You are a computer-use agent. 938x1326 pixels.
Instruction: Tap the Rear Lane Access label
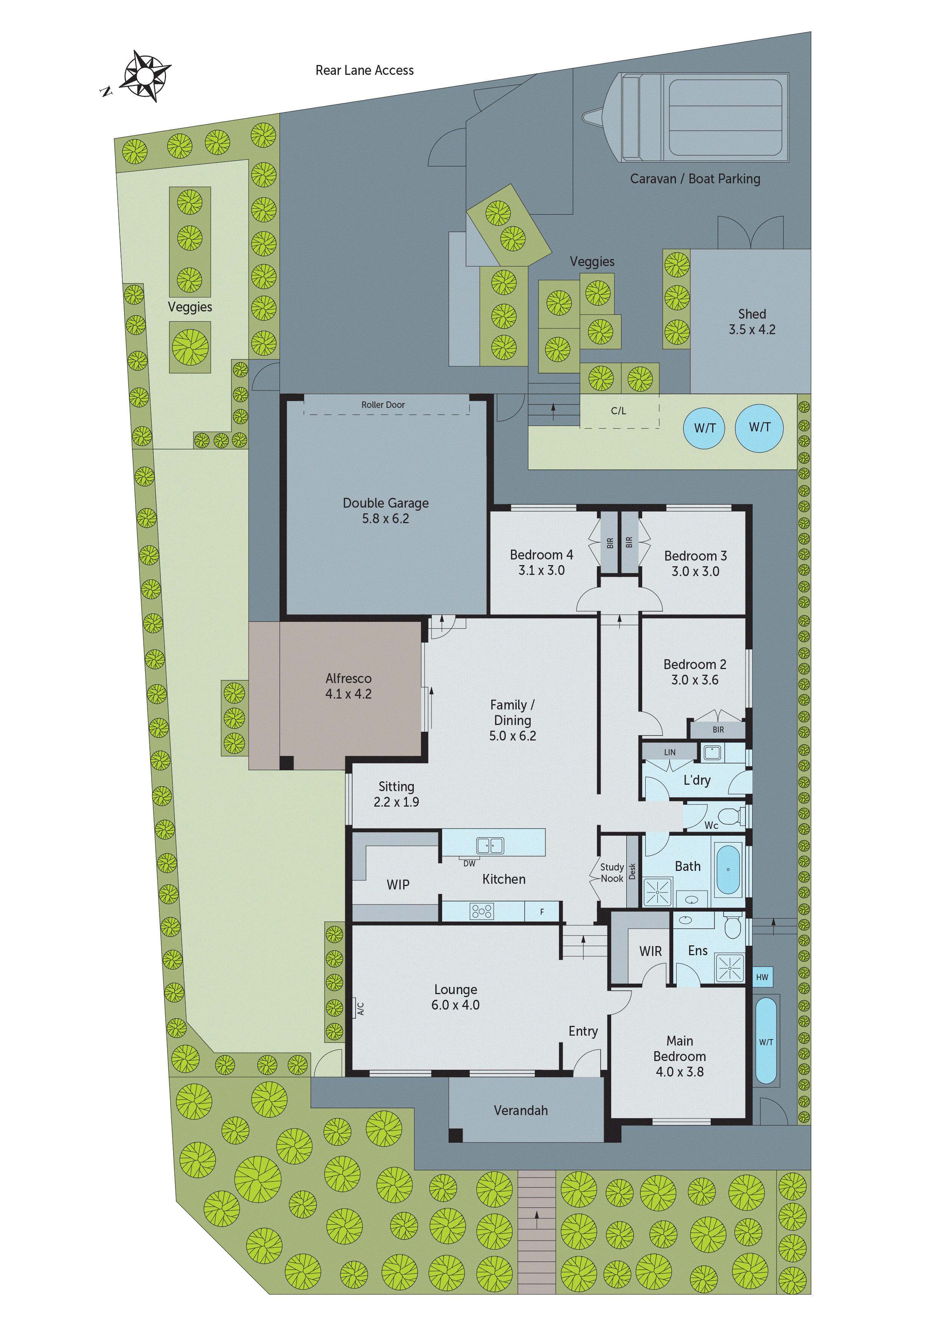tap(364, 70)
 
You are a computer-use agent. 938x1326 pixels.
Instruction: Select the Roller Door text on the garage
tap(383, 405)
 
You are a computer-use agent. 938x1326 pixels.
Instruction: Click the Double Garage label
tap(385, 511)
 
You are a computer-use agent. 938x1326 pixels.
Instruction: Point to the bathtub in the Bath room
tap(728, 869)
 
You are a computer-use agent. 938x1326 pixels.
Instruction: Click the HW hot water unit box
tap(762, 977)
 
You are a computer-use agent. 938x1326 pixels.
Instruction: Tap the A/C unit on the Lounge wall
tap(359, 1009)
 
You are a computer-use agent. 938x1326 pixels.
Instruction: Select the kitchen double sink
tap(489, 846)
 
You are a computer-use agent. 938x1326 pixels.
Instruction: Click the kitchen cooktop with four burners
tap(481, 911)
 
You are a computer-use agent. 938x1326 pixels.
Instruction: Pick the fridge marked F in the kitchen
tap(542, 912)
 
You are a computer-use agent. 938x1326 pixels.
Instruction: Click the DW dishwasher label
tap(469, 863)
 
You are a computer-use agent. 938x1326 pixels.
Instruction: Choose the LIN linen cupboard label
tap(669, 752)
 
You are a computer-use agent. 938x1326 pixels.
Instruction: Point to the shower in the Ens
tap(729, 967)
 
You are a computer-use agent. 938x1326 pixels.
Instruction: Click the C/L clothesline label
tap(618, 411)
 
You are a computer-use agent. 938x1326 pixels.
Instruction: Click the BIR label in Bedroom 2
tap(718, 730)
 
